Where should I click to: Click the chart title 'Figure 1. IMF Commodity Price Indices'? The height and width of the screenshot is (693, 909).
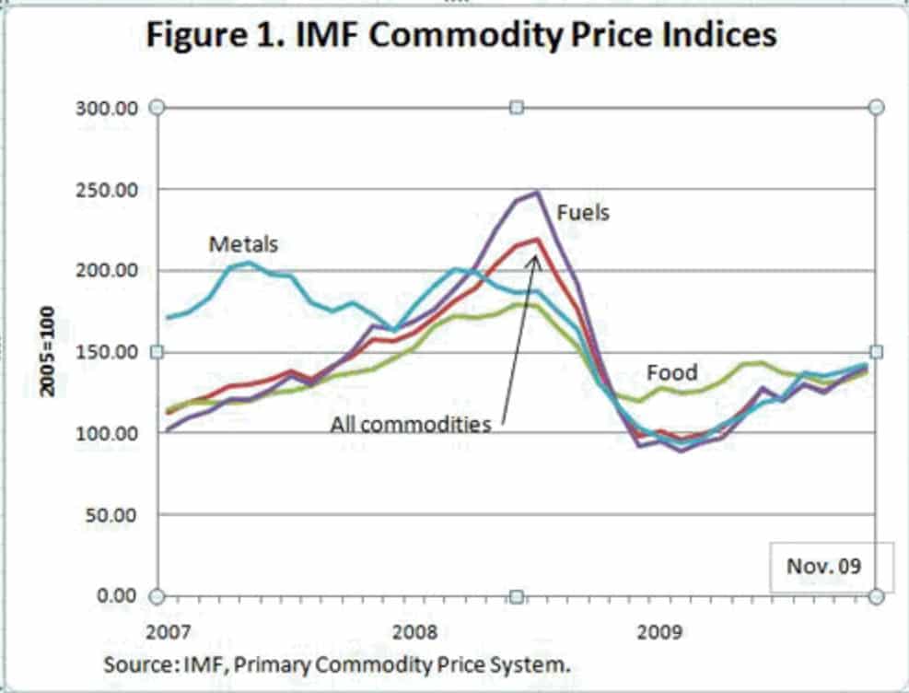[460, 35]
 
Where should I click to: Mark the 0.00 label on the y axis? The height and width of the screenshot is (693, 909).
[118, 595]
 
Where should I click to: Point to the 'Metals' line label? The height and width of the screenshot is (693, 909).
[243, 244]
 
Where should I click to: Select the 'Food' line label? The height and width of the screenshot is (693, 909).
[671, 373]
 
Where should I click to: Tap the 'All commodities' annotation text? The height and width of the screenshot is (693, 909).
[411, 424]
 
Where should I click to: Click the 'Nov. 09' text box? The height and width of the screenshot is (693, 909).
[823, 565]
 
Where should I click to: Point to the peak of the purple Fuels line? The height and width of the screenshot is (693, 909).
[536, 193]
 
